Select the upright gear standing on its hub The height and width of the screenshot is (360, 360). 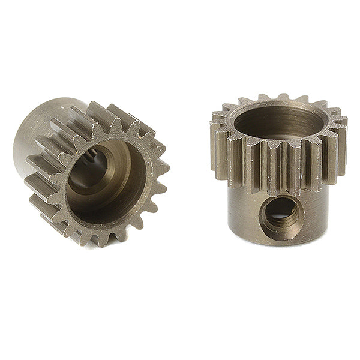pyautogui.click(x=277, y=174)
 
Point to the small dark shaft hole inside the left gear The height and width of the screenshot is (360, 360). pyautogui.click(x=94, y=163)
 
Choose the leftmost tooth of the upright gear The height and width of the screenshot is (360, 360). pyautogui.click(x=214, y=144)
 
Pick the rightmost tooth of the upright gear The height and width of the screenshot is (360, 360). pyautogui.click(x=343, y=144)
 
